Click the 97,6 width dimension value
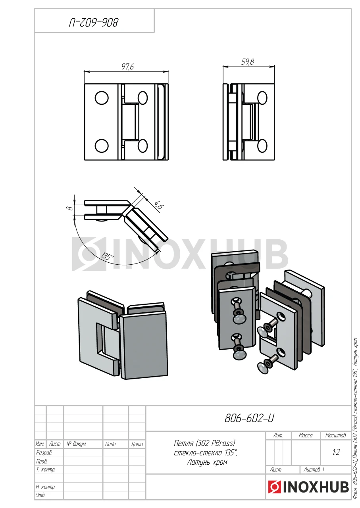point(128,67)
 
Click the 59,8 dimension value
point(248,62)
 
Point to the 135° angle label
point(107,256)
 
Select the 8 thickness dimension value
point(71,208)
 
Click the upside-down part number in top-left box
point(93,23)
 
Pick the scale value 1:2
point(336,452)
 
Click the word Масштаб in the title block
point(335,435)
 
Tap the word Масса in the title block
point(305,435)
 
